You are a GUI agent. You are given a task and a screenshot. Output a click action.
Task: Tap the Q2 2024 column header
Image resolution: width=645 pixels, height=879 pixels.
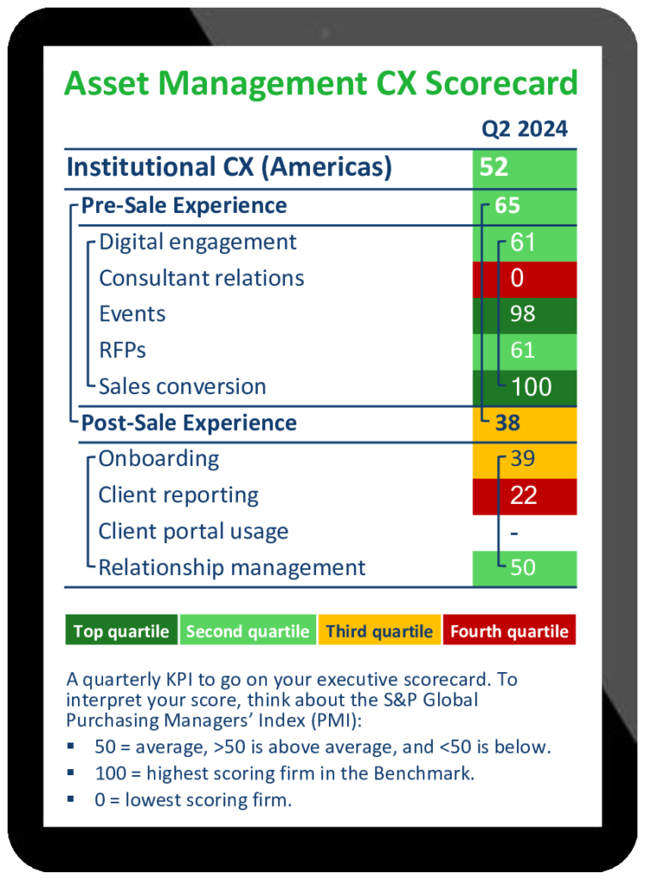pyautogui.click(x=524, y=129)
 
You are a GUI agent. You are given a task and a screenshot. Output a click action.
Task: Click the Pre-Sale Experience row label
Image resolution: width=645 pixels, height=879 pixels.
pyautogui.click(x=184, y=206)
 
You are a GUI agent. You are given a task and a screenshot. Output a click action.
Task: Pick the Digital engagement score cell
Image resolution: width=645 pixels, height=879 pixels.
pyautogui.click(x=523, y=243)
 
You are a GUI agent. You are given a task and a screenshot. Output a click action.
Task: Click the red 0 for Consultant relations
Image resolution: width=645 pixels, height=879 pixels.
pyautogui.click(x=523, y=279)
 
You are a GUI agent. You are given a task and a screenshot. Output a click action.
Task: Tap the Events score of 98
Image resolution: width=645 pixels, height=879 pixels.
pyautogui.click(x=523, y=314)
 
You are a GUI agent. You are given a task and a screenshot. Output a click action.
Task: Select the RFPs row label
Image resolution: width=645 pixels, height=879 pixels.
pyautogui.click(x=123, y=350)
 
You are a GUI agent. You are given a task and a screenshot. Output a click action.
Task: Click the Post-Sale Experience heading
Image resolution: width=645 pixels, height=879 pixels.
pyautogui.click(x=189, y=423)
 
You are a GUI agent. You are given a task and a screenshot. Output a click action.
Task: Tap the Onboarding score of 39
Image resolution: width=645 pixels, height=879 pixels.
pyautogui.click(x=523, y=459)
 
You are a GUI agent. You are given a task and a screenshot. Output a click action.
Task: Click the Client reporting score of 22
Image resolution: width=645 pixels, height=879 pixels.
pyautogui.click(x=523, y=495)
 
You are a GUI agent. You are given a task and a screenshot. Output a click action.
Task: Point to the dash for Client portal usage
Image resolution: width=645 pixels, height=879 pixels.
pyautogui.click(x=514, y=532)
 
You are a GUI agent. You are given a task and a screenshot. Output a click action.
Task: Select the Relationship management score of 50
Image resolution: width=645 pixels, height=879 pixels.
pyautogui.click(x=523, y=568)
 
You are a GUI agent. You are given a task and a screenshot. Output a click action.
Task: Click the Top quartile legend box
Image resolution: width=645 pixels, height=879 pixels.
pyautogui.click(x=121, y=632)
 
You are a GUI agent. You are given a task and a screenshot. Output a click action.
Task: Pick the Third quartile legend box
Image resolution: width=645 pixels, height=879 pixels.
pyautogui.click(x=380, y=632)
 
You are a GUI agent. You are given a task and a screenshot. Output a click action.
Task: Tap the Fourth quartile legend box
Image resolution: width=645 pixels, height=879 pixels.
pyautogui.click(x=509, y=632)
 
